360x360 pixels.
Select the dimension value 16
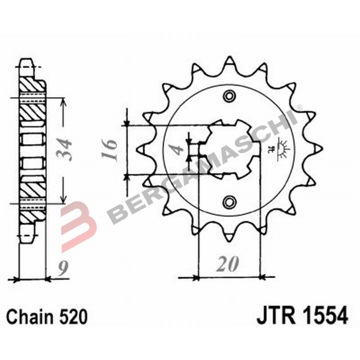coord(111,150)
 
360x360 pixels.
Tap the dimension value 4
coord(178,149)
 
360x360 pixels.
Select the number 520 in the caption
coord(73,317)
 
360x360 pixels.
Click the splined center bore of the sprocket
coord(229,148)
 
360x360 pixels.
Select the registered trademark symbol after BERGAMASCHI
coord(299,108)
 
